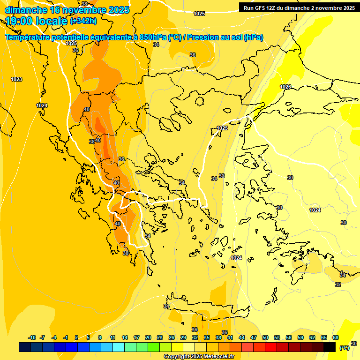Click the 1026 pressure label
tap(285, 87)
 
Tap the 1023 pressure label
tap(16, 79)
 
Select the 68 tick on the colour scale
tap(335, 337)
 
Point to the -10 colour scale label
tap(32, 337)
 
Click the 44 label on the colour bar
tap(241, 337)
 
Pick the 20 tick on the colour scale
tap(148, 337)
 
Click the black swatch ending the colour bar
tap(330, 347)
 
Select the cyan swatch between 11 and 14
tap(119, 347)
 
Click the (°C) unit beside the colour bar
tap(344, 348)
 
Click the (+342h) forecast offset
tap(83, 21)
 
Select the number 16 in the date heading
tap(55, 9)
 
